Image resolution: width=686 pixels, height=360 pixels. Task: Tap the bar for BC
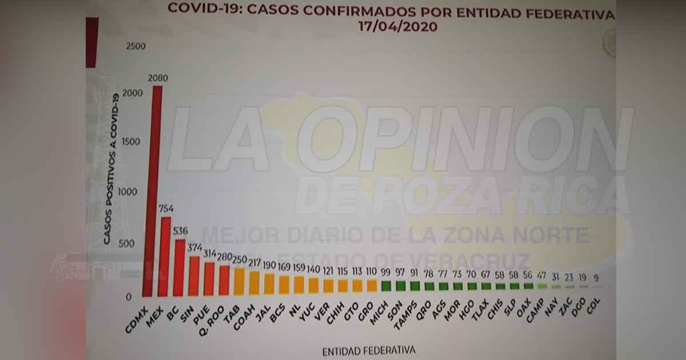(179, 269)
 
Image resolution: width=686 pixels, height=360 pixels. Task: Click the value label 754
(166, 208)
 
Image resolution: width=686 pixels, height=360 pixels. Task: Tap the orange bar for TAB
(239, 282)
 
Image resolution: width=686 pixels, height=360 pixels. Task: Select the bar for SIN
(194, 276)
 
